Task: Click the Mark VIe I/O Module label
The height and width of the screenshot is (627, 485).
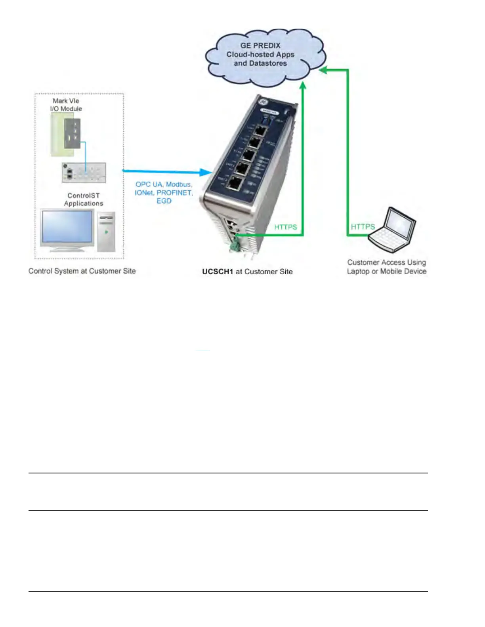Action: click(x=66, y=105)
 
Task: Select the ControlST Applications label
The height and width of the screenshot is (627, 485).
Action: click(x=84, y=199)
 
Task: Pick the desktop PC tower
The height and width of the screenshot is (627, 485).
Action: click(x=106, y=232)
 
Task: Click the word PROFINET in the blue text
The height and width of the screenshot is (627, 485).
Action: click(x=174, y=193)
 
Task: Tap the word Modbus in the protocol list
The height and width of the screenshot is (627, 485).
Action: click(x=179, y=184)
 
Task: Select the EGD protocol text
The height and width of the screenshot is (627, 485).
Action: click(x=164, y=201)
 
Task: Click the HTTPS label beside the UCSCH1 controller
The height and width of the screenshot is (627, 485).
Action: click(x=285, y=227)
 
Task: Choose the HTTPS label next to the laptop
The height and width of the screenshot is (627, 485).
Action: click(x=363, y=227)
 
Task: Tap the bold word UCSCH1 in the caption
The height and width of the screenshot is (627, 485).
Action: click(x=218, y=272)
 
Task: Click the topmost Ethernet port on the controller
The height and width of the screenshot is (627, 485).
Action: click(x=260, y=130)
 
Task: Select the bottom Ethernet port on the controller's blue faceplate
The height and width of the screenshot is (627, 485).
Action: click(x=236, y=183)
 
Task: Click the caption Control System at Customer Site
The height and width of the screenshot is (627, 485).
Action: click(x=82, y=271)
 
